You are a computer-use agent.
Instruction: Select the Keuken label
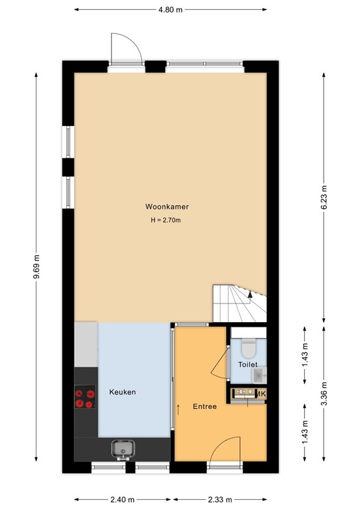coord(123,392)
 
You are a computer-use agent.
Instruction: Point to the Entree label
coord(204,406)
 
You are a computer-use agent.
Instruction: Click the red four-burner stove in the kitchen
coord(85,398)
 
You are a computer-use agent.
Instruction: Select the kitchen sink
coord(123,450)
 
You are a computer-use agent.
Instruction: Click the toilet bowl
coord(249,347)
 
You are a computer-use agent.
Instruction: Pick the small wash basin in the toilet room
coord(258,376)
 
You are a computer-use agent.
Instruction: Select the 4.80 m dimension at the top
coord(171,10)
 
